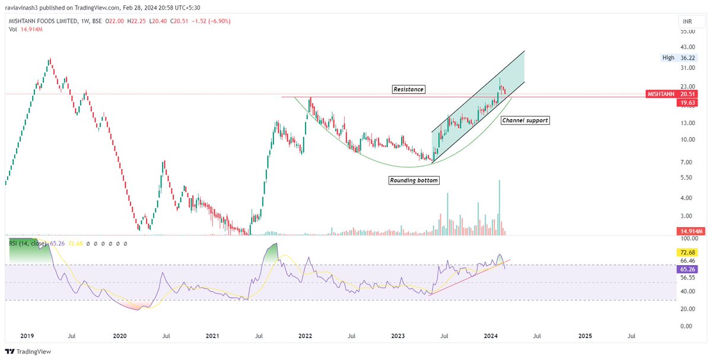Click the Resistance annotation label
point(408,89)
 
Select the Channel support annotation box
point(525,120)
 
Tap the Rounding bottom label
point(414,180)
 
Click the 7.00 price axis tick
point(686,162)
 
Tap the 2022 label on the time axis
point(305,336)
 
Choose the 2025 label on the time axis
point(585,336)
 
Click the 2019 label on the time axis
point(26,336)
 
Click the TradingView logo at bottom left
point(29,351)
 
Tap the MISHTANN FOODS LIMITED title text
point(43,21)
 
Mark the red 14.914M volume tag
point(690,231)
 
